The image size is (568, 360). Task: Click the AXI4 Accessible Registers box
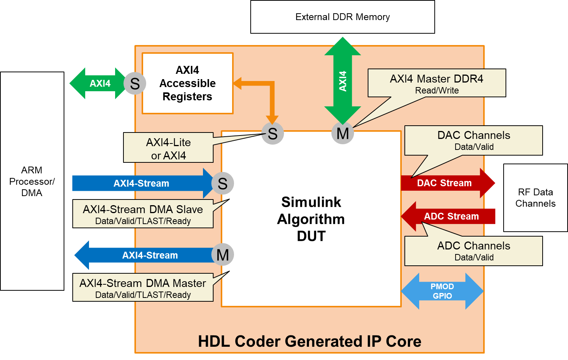187,83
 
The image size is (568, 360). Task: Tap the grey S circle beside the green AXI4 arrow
135,83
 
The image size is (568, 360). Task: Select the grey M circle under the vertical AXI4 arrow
343,133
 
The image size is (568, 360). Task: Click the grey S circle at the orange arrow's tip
273,133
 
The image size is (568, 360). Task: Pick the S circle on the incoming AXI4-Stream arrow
223,183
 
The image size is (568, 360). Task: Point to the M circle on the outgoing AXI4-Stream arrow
223,255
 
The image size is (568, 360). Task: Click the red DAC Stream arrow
447,183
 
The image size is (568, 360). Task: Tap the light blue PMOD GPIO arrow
442,291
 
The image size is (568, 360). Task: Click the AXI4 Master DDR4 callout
437,83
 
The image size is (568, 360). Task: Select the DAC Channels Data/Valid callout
474,140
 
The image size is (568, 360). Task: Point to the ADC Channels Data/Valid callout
474,251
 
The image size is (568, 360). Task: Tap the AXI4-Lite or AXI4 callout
169,148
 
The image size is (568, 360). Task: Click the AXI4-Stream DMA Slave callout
143,214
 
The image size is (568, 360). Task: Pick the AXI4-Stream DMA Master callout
143,288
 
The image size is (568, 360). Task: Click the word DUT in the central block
311,236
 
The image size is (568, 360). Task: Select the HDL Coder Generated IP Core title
309,341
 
